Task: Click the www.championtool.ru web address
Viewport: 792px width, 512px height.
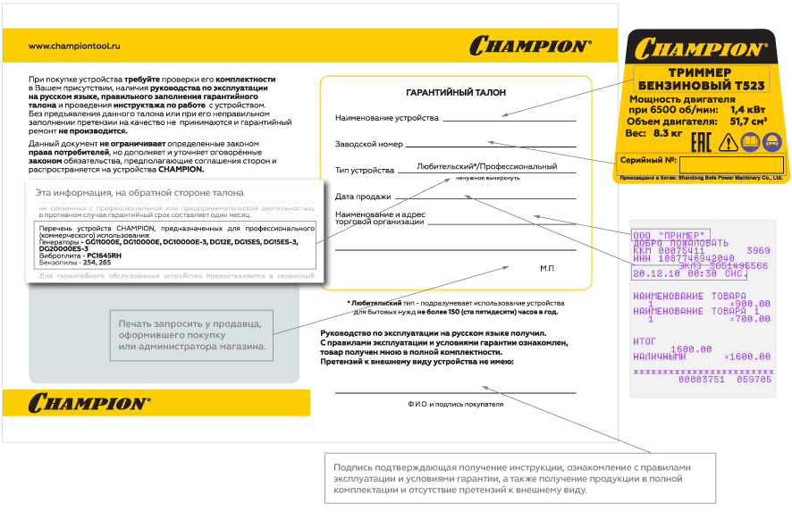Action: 74,46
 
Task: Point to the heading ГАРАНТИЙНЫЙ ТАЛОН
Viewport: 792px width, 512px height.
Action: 455,93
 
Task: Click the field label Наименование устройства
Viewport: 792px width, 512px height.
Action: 387,118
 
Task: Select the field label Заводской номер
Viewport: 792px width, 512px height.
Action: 369,144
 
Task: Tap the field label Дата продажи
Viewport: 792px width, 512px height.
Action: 363,197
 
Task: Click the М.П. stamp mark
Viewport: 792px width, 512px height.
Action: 548,267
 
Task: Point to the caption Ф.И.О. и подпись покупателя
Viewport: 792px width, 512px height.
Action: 455,404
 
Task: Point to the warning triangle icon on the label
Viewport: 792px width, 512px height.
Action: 728,141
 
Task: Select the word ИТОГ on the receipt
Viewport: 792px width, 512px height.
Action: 645,340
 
